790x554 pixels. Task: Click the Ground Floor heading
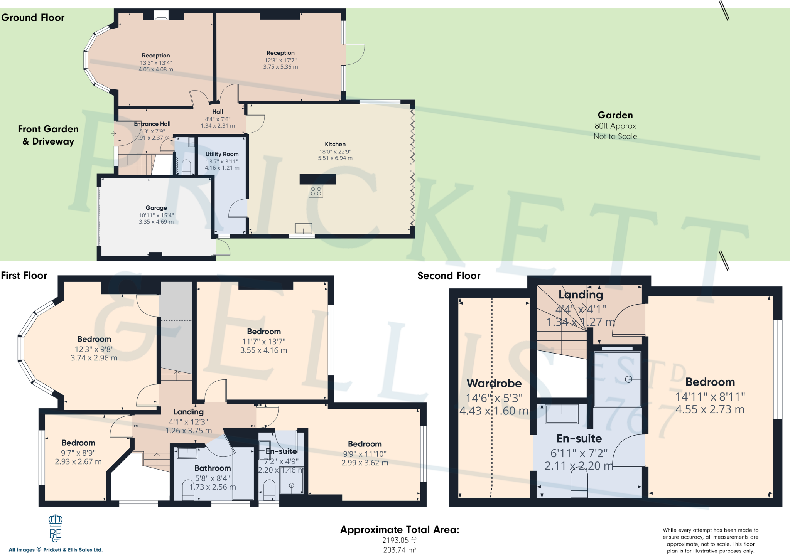click(33, 18)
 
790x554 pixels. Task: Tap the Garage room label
click(156, 208)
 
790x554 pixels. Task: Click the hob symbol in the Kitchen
click(316, 191)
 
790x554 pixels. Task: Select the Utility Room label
click(222, 154)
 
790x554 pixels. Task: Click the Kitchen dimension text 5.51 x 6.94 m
click(335, 158)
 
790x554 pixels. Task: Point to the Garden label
click(615, 115)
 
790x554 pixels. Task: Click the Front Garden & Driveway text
click(48, 135)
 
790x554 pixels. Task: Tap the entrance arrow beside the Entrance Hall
click(113, 133)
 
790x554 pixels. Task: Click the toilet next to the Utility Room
click(186, 167)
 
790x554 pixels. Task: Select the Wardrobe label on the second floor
click(494, 383)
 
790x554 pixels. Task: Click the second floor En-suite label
click(579, 438)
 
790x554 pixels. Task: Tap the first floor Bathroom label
click(212, 468)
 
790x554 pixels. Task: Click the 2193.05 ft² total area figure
click(400, 540)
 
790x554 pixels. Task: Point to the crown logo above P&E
click(56, 520)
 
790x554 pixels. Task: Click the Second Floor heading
click(449, 276)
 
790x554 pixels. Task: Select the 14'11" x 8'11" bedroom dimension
click(710, 396)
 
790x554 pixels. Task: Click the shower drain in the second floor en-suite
click(628, 379)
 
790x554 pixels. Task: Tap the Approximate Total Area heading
click(400, 530)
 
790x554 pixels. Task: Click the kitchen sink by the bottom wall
click(303, 228)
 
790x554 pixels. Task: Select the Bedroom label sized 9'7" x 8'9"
click(78, 443)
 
